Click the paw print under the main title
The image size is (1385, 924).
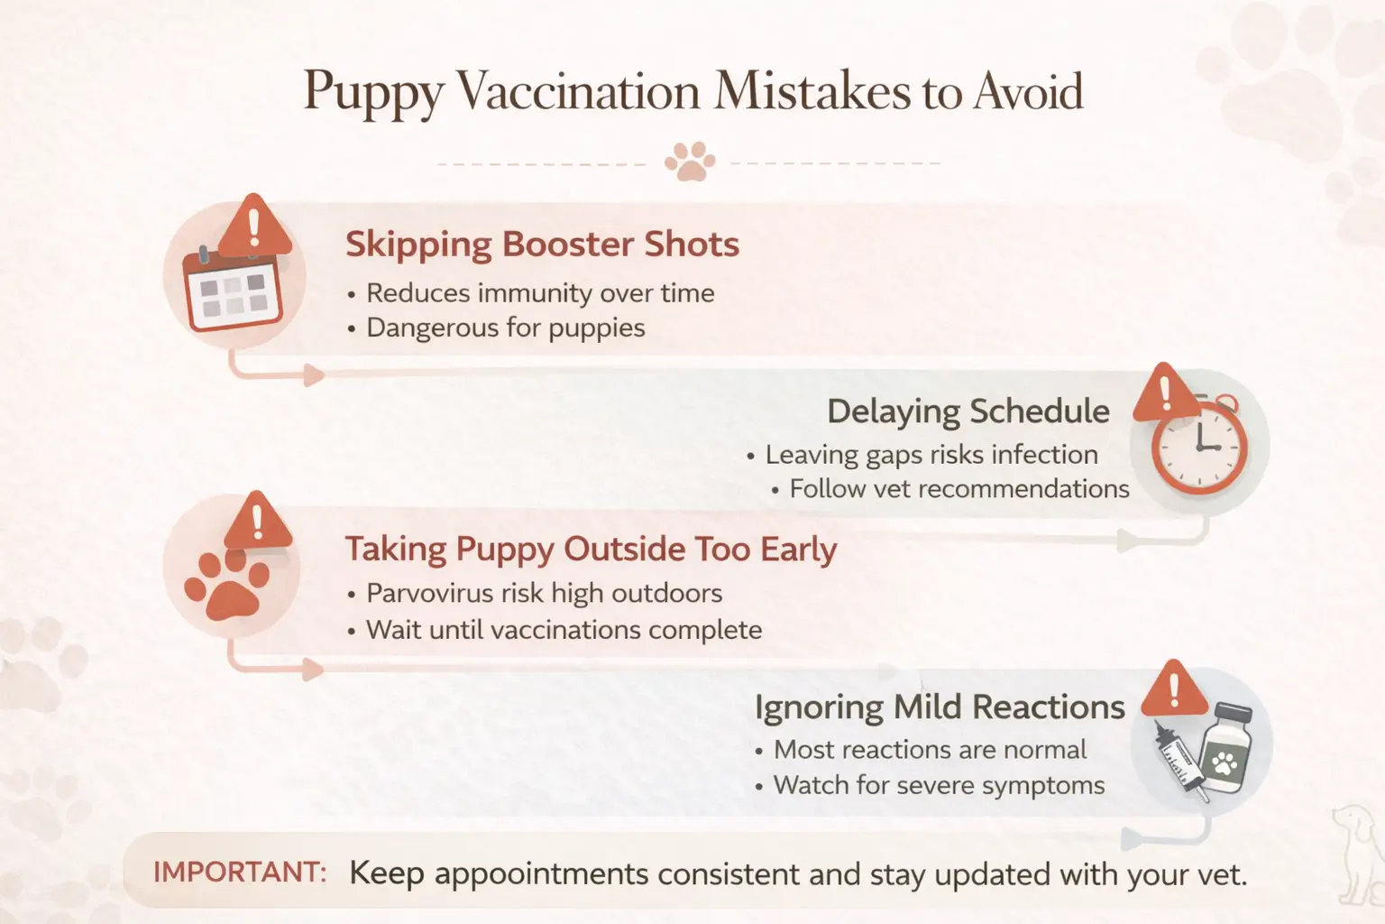click(x=690, y=162)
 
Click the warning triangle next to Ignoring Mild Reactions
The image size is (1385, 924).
click(x=1174, y=689)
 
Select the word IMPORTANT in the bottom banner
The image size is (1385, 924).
click(x=239, y=873)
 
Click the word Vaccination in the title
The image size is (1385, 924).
click(x=578, y=92)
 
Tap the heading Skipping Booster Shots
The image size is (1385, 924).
click(x=542, y=245)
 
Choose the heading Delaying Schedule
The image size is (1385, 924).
click(x=968, y=411)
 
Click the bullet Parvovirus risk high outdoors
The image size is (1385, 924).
click(x=544, y=594)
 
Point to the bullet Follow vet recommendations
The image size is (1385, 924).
click(x=958, y=489)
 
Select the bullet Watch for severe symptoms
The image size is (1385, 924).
click(x=939, y=785)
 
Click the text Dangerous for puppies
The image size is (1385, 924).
click(x=505, y=328)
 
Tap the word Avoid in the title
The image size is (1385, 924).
click(x=1028, y=92)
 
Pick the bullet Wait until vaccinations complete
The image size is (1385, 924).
click(x=564, y=630)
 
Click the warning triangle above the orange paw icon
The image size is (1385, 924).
click(x=257, y=522)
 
